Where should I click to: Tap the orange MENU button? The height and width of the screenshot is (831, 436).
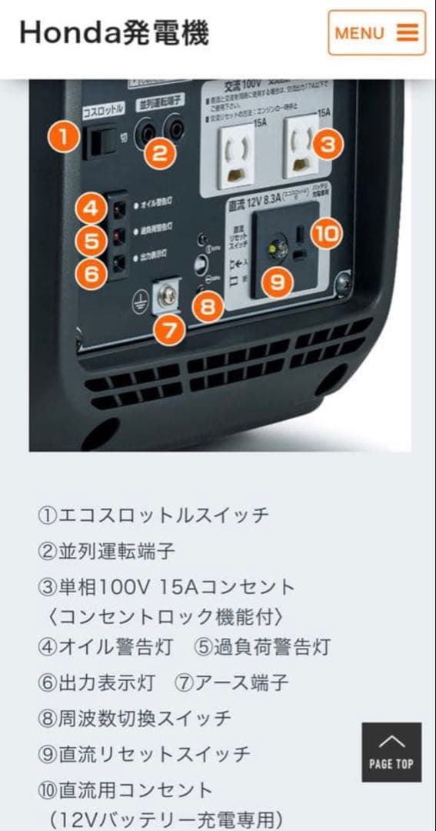(x=377, y=32)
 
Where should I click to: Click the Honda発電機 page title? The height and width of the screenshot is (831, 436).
(x=114, y=32)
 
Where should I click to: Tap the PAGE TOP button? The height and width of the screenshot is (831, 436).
(x=391, y=752)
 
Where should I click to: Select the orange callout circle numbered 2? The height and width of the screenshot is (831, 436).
(x=159, y=152)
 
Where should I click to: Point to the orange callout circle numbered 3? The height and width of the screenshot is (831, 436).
(x=328, y=144)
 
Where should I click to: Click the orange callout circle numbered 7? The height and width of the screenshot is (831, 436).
(x=169, y=330)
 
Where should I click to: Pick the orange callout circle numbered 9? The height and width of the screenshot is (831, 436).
(x=278, y=282)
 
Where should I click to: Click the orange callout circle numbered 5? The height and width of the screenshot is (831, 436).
(x=92, y=240)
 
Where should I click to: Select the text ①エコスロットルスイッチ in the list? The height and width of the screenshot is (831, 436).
(x=153, y=515)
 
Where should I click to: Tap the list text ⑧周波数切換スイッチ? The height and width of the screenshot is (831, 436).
(x=134, y=719)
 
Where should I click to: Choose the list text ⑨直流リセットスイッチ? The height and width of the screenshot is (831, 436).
(x=144, y=754)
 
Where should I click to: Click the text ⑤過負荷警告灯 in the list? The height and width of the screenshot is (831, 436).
(x=262, y=647)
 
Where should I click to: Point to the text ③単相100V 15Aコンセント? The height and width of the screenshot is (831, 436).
(x=166, y=587)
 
